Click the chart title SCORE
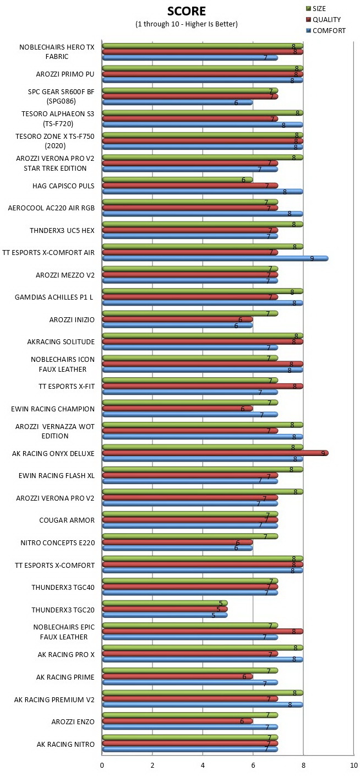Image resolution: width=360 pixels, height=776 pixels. pos(186,11)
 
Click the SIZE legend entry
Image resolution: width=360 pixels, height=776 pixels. pos(316,9)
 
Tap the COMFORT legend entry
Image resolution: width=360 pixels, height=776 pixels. pos(326,31)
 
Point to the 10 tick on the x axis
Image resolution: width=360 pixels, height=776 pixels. pos(354,766)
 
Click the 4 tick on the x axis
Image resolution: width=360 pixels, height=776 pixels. pos(203,766)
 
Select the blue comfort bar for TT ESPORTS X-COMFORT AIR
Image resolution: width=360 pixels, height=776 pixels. pos(215,258)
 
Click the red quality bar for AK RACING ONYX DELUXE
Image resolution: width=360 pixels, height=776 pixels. pos(215,453)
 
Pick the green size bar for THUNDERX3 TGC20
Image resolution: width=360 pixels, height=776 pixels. pos(165,603)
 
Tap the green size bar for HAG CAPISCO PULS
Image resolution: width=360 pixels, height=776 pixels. pos(177,180)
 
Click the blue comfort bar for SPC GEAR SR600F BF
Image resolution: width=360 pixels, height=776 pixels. pos(177,102)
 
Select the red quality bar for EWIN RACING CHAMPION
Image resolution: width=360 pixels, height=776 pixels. pos(177,409)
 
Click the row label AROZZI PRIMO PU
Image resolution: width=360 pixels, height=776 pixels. pos(65,74)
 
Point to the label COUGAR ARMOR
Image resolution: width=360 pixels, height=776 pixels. pos(67,520)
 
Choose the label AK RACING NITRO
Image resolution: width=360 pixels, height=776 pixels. pos(66,744)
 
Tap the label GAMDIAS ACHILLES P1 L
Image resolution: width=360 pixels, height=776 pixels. pos(54,297)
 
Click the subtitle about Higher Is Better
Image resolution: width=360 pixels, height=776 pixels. pos(186,24)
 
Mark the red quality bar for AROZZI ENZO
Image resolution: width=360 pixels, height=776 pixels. pos(177,721)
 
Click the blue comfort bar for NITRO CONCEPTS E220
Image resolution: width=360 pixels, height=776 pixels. pos(177,548)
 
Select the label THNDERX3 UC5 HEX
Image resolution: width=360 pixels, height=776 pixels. pos(62,230)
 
